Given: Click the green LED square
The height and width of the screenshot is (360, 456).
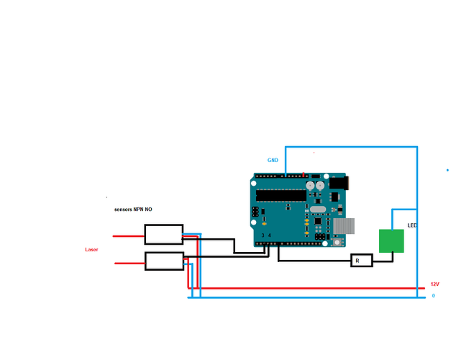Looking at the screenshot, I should pyautogui.click(x=391, y=241).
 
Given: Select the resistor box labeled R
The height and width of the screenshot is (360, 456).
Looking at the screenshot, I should pyautogui.click(x=362, y=261).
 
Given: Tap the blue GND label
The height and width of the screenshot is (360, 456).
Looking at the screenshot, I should pyautogui.click(x=273, y=160).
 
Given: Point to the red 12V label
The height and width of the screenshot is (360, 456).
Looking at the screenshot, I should pyautogui.click(x=434, y=284).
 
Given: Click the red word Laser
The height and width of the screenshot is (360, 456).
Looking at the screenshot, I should pyautogui.click(x=91, y=249).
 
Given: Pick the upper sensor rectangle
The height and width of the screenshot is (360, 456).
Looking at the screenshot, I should pyautogui.click(x=163, y=234).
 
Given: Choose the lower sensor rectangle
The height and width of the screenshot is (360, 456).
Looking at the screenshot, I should pyautogui.click(x=164, y=261).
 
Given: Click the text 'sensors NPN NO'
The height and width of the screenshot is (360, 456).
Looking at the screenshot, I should pyautogui.click(x=133, y=210).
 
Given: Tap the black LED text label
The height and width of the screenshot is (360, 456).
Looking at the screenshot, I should pyautogui.click(x=412, y=225).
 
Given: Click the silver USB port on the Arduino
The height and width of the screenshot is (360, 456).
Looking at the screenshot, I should pyautogui.click(x=344, y=225).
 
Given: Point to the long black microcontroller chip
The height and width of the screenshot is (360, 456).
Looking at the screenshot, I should pyautogui.click(x=283, y=194).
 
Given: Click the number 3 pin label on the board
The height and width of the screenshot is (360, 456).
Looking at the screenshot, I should pyautogui.click(x=263, y=235).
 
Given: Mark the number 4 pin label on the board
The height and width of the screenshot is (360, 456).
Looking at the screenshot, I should pyautogui.click(x=270, y=235).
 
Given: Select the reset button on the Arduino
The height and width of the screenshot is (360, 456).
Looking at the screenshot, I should pyautogui.click(x=337, y=242).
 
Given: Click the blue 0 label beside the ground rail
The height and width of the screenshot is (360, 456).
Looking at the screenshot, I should pyautogui.click(x=433, y=296).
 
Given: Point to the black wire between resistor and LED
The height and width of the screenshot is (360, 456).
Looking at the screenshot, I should pyautogui.click(x=383, y=260).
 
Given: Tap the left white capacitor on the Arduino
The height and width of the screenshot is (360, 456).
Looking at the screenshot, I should pyautogui.click(x=310, y=185).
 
